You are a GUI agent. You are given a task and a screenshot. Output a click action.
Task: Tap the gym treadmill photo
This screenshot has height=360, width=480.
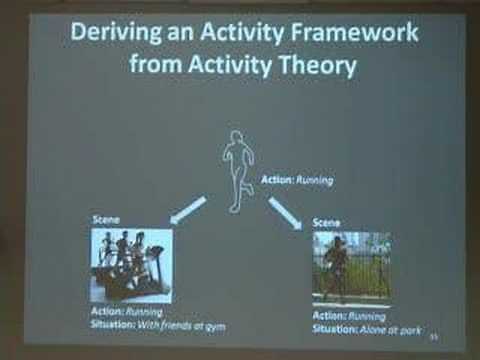coord(131,265)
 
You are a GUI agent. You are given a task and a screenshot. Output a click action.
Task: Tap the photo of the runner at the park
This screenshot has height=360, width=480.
coord(351,267)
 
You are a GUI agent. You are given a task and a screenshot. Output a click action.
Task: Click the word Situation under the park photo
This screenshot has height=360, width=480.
coord(334,327)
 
